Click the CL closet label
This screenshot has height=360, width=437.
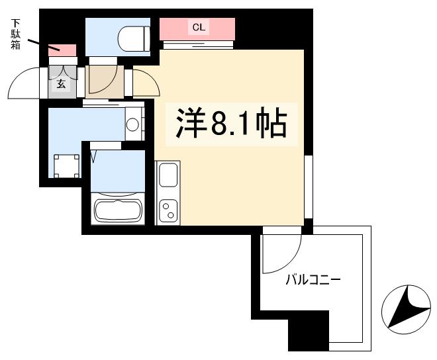click(198, 27)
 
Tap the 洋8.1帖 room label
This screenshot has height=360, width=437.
click(230, 122)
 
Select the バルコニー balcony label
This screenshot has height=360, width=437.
click(313, 280)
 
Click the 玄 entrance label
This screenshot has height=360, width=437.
click(61, 83)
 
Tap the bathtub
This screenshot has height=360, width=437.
click(119, 211)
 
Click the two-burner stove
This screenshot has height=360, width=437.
click(167, 211)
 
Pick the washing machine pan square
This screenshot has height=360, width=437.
click(66, 165)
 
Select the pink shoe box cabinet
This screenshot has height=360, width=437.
click(64, 49)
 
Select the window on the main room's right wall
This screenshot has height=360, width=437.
click(308, 186)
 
